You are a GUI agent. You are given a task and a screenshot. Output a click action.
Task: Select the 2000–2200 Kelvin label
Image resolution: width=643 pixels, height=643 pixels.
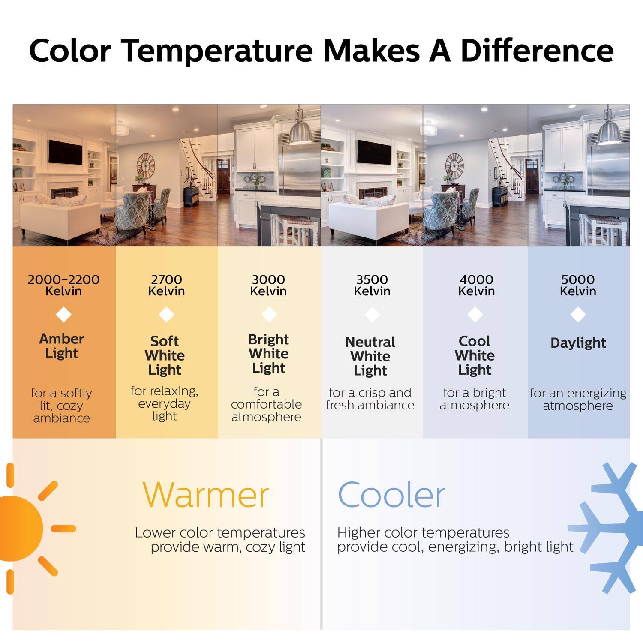tap(63, 285)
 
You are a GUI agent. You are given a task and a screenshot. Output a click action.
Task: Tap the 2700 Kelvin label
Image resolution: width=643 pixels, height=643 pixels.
tap(166, 285)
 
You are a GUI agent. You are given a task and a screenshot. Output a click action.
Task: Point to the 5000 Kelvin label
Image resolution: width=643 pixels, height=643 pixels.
tap(578, 285)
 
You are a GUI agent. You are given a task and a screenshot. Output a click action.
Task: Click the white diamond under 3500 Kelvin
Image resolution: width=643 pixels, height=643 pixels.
tap(372, 315)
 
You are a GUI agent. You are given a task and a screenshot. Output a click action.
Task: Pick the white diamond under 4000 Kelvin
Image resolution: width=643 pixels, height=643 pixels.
tap(475, 315)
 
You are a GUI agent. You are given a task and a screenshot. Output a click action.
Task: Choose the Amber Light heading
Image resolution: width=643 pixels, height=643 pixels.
tap(62, 346)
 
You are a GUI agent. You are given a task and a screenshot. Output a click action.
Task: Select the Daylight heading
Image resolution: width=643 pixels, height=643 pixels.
tap(578, 343)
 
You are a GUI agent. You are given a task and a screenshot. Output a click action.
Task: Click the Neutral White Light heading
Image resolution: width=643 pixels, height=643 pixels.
tap(370, 356)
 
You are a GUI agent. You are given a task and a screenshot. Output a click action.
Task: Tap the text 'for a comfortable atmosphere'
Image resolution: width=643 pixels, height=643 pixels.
tap(266, 404)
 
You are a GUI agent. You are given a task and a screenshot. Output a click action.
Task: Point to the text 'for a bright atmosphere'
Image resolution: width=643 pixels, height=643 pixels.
tap(474, 399)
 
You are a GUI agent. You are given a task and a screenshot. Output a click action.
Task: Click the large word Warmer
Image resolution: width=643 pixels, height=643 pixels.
tap(205, 495)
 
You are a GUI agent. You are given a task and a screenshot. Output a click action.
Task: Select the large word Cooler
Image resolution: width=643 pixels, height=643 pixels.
tap(391, 495)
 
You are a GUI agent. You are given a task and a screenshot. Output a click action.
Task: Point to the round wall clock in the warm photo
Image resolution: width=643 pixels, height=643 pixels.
tap(146, 166)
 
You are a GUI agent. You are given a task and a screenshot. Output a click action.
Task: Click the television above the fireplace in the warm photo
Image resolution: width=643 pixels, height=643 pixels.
tap(65, 152)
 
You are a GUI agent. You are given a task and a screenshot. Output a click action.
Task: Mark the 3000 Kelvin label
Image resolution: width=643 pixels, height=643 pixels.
tap(269, 285)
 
